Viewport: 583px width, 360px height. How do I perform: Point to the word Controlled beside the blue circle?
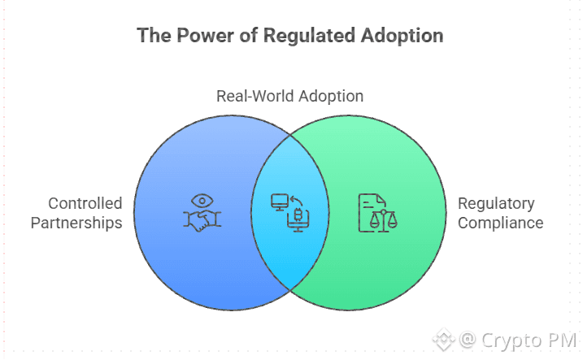click(85, 203)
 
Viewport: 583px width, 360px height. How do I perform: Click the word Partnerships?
click(76, 222)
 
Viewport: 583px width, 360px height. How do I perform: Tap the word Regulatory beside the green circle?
click(496, 203)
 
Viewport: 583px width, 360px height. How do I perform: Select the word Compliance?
click(500, 222)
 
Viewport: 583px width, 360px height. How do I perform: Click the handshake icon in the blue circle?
click(202, 219)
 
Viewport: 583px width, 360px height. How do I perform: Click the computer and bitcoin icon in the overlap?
click(289, 212)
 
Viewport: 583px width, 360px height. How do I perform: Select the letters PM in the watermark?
click(560, 339)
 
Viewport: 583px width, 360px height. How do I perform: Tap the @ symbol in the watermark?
click(467, 339)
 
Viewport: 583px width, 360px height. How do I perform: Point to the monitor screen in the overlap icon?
click(281, 201)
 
